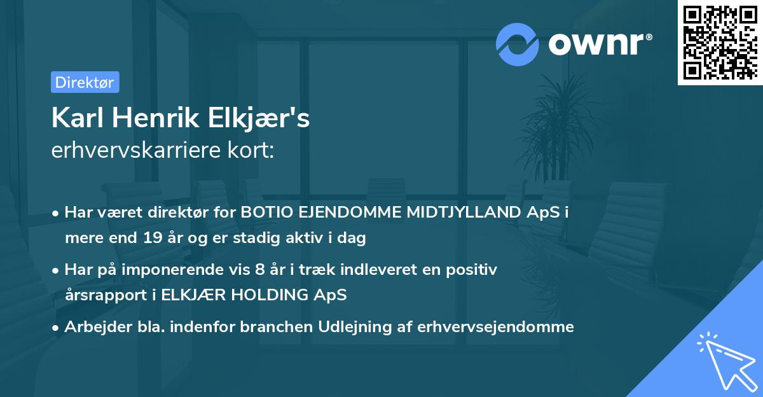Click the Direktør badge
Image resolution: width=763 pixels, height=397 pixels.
click(x=85, y=82)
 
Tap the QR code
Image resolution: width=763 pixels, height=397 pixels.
click(x=720, y=43)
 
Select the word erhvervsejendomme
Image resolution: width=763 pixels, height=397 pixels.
click(x=496, y=327)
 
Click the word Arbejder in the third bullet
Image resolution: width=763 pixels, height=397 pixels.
click(x=93, y=327)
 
